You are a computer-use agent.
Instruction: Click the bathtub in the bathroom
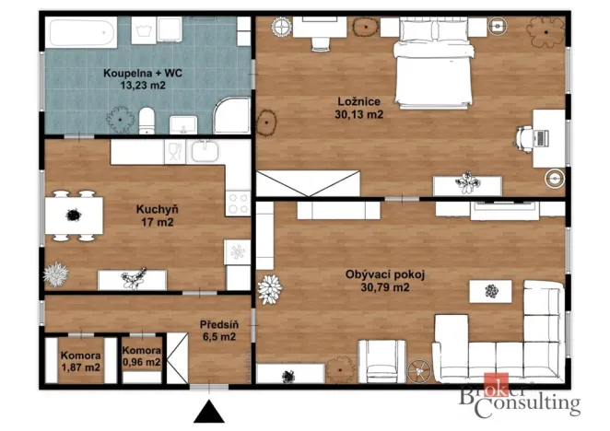click(x=81, y=32)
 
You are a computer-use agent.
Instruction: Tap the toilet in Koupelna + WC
click(x=147, y=121)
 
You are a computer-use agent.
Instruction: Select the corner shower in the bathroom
click(x=232, y=116)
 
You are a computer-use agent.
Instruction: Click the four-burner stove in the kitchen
click(x=238, y=203)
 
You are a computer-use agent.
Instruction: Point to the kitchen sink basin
click(x=205, y=150)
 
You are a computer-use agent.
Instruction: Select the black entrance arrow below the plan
click(x=209, y=412)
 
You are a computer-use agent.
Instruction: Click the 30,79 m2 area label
click(x=385, y=287)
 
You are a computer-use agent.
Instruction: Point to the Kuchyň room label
click(x=158, y=209)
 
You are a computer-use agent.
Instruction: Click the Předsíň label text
click(x=219, y=324)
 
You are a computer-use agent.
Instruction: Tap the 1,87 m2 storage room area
click(x=80, y=367)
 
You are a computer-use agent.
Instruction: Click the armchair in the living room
click(x=381, y=361)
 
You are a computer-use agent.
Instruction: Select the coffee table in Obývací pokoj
click(x=490, y=291)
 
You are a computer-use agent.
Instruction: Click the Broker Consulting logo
click(x=520, y=396)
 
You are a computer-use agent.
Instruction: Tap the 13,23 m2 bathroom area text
click(x=143, y=86)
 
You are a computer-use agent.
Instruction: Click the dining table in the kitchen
click(x=74, y=215)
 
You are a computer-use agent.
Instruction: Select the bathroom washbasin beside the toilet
click(x=183, y=124)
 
